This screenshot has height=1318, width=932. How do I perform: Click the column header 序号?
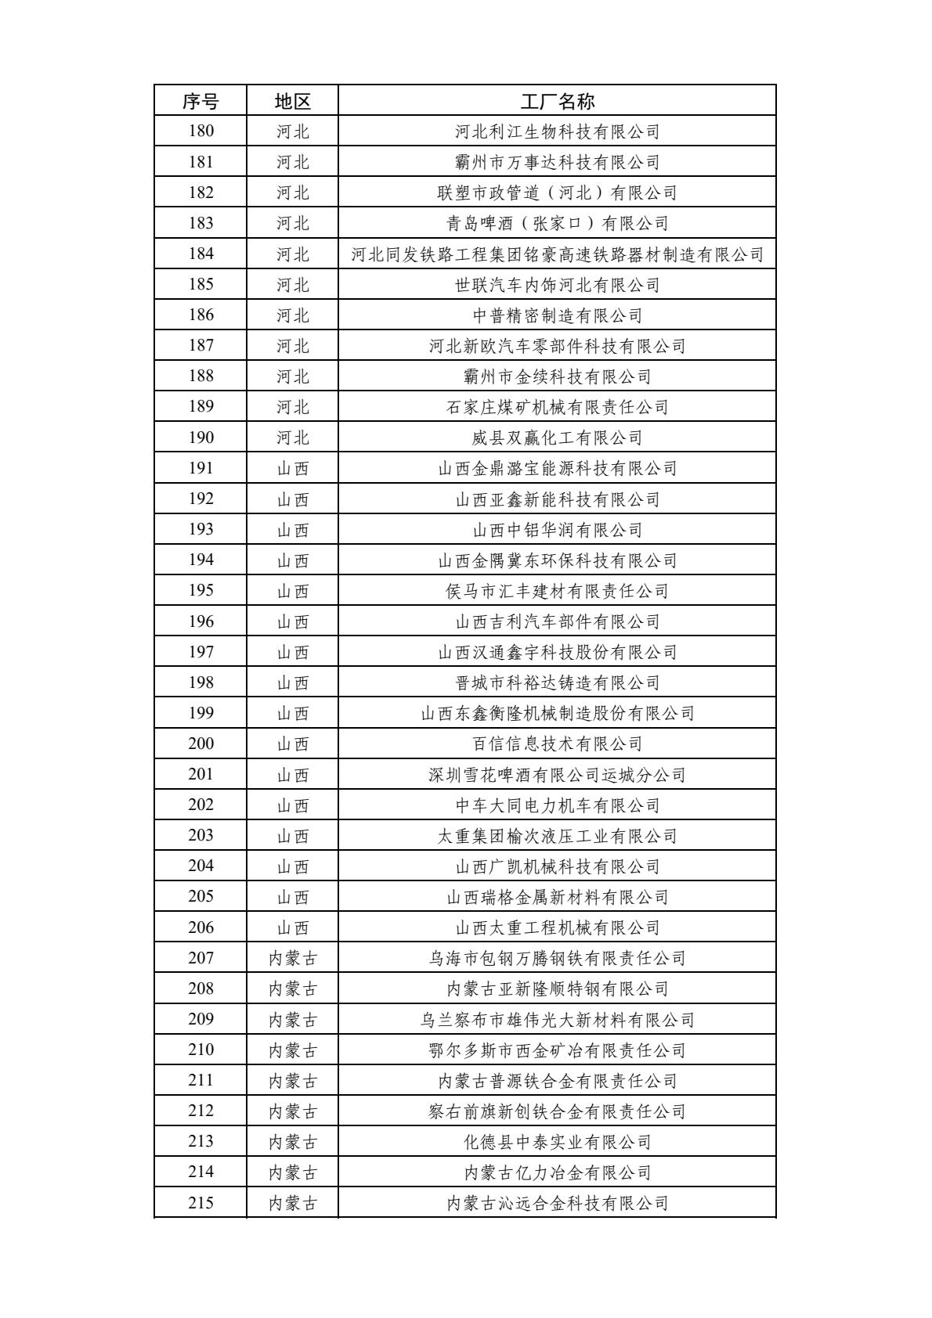(x=200, y=101)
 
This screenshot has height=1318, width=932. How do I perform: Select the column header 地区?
(x=293, y=101)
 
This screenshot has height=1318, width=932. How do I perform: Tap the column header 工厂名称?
(x=557, y=101)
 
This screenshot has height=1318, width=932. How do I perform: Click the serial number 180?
(x=200, y=131)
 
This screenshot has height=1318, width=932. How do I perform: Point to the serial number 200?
(x=200, y=744)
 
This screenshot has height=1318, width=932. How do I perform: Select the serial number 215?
(x=200, y=1203)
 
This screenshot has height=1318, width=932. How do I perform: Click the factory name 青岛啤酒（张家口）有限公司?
(x=557, y=224)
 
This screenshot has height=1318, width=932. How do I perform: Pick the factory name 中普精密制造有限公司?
(x=557, y=315)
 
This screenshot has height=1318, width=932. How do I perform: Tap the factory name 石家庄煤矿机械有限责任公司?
(x=557, y=407)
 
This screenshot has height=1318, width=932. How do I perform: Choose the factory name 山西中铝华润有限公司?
(x=557, y=530)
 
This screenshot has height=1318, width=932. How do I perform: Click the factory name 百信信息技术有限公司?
(x=557, y=744)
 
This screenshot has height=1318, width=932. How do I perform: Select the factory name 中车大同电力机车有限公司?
(x=557, y=805)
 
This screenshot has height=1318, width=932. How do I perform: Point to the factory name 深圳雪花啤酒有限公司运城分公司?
(x=557, y=775)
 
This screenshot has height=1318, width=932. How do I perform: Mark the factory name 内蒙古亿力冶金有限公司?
(x=557, y=1172)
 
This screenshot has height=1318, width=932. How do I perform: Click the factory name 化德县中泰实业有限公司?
(x=557, y=1142)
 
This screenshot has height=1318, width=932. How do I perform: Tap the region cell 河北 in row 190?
(x=293, y=438)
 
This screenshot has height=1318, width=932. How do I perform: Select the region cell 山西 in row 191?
(x=293, y=469)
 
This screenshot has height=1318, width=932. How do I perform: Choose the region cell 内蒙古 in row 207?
(x=293, y=958)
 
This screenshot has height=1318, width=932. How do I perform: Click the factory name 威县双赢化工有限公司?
(x=557, y=438)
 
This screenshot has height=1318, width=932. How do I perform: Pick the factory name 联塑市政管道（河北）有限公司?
(x=557, y=193)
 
